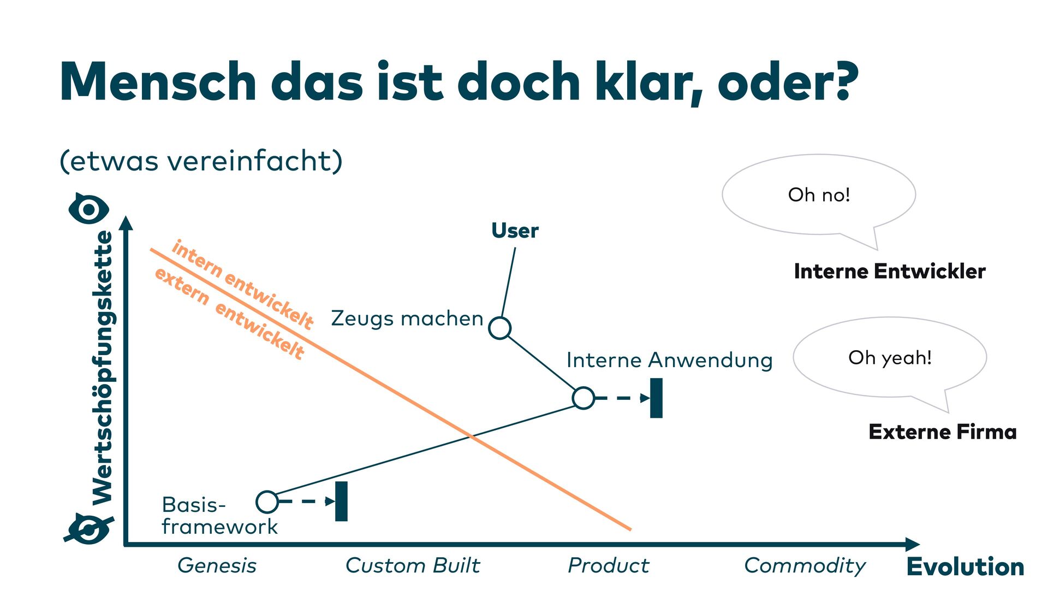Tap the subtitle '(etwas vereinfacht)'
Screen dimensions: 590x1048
[201, 161]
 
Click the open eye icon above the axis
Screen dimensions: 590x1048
[89, 209]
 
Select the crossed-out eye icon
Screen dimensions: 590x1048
[89, 529]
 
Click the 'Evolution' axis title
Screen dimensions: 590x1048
[965, 567]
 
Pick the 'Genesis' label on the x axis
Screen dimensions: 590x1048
[217, 565]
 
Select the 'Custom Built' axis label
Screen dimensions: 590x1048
[413, 565]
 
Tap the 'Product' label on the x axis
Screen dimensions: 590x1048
[608, 565]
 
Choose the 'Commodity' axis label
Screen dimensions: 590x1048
[805, 565]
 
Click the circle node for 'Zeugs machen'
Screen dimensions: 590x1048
[499, 328]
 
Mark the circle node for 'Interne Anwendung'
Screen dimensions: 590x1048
[583, 398]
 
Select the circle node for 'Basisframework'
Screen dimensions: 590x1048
[267, 501]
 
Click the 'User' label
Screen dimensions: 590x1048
[515, 231]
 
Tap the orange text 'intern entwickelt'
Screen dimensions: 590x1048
[243, 285]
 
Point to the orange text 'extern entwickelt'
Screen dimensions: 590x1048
[229, 314]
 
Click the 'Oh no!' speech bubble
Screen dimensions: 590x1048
[819, 195]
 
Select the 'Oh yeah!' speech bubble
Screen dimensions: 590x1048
[890, 358]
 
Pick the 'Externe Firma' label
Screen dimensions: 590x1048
[943, 432]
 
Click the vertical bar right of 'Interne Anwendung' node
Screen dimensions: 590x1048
[656, 398]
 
